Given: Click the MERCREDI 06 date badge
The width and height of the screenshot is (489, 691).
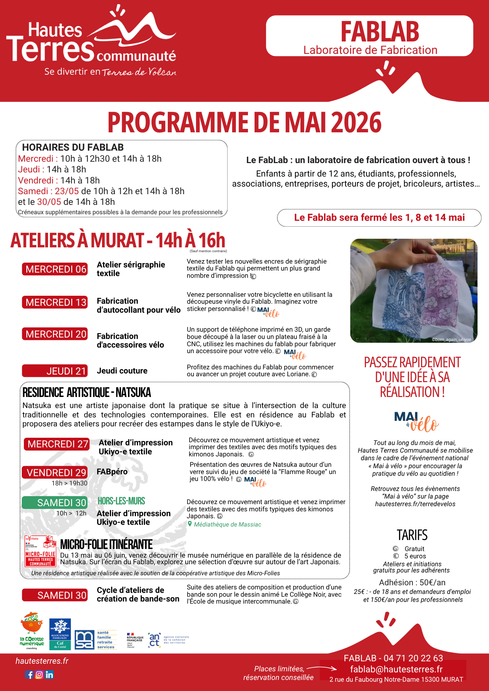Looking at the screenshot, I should (x=55, y=269).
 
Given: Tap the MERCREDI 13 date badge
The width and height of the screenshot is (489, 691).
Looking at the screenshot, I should (x=55, y=302).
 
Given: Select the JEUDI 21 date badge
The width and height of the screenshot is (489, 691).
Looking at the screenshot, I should (x=55, y=371).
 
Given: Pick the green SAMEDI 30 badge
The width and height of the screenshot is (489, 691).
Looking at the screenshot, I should (x=55, y=503).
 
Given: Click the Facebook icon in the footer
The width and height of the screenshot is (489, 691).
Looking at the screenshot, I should (x=29, y=674).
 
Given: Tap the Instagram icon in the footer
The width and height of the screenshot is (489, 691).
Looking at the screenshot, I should (x=39, y=674).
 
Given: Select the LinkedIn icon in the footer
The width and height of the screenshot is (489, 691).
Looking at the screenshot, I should (x=49, y=674).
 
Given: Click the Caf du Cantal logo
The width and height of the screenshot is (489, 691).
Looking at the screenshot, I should (x=60, y=634).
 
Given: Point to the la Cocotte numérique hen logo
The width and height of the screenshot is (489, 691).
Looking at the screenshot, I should (x=32, y=631).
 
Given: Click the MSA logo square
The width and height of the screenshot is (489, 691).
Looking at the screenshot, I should (x=84, y=640).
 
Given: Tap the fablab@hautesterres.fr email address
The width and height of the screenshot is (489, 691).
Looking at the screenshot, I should (x=396, y=669).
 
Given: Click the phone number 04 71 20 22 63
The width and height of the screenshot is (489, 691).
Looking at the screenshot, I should (x=413, y=658).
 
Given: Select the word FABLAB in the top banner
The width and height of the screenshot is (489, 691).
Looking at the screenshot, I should (x=380, y=32).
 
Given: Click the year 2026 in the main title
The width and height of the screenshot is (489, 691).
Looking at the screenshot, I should (x=356, y=123).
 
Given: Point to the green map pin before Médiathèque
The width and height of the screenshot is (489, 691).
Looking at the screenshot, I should (x=190, y=524).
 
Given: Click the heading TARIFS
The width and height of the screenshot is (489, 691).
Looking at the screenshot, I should (x=412, y=535).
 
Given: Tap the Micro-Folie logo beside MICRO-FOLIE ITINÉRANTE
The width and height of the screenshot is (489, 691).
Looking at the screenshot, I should (x=40, y=551).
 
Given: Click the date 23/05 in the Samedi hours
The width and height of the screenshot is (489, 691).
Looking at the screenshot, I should (x=67, y=191).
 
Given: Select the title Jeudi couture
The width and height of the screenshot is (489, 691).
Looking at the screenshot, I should (x=122, y=371).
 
